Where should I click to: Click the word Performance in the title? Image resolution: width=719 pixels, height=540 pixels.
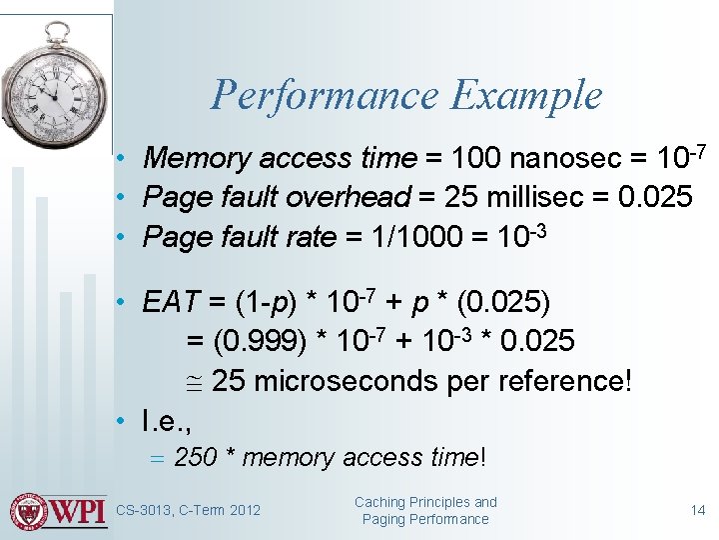[x=325, y=96]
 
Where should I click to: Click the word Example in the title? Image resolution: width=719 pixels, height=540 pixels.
[x=525, y=96]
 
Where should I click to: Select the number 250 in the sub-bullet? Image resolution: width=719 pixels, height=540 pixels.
[x=196, y=458]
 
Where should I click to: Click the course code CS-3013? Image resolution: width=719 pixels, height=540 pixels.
[x=147, y=511]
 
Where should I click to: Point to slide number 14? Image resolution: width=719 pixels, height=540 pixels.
[x=698, y=510]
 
